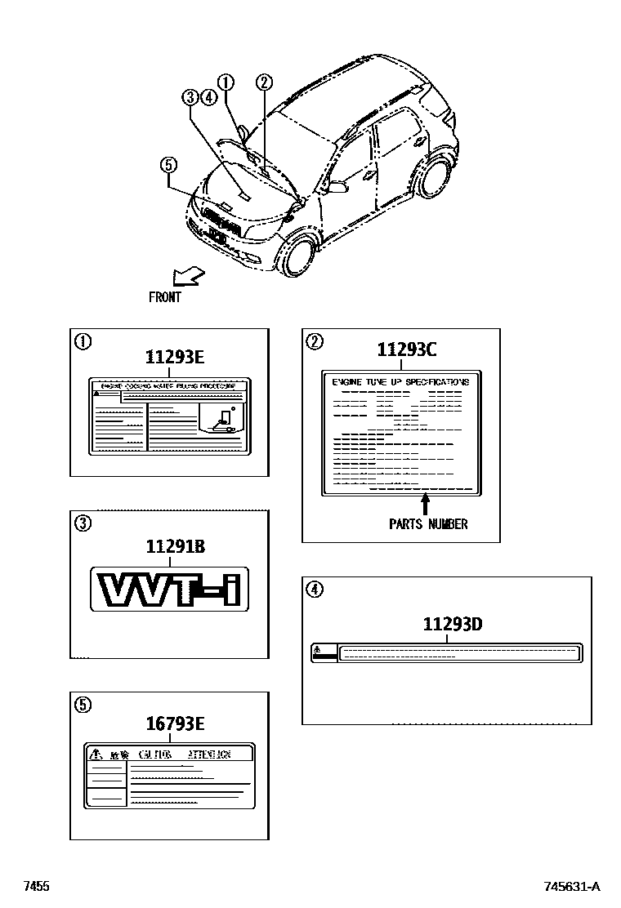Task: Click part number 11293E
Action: coord(174,357)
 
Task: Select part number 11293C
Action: coord(407,350)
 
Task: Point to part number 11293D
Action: coord(453,625)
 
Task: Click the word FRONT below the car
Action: coord(165,297)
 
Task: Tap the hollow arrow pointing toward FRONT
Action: coord(187,276)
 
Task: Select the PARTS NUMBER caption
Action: coord(428,524)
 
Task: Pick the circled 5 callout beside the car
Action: coord(168,166)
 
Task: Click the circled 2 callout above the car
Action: coord(263,81)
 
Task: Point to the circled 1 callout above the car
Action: coord(226,81)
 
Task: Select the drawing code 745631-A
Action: coord(572,887)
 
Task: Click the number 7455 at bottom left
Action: coord(37,887)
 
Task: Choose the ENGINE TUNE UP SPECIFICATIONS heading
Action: coord(401,381)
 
